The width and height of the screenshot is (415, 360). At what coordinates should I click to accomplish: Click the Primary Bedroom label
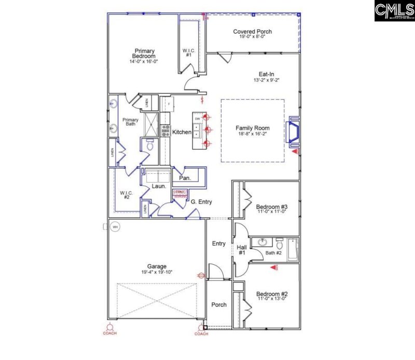coord(144,53)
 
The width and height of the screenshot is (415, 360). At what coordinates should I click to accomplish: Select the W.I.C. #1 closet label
coord(188,52)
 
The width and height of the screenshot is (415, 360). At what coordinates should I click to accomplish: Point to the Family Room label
coord(253,128)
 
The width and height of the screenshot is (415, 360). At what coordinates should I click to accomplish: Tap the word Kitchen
coord(182,132)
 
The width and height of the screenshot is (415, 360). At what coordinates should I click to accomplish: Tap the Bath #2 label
coord(273,253)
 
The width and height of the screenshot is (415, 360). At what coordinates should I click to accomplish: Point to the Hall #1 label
coord(241,250)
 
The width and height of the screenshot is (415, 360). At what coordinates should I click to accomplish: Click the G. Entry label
coord(201,202)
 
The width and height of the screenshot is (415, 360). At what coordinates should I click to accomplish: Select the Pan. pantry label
coord(185,178)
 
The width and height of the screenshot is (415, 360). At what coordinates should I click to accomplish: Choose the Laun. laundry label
coord(158,186)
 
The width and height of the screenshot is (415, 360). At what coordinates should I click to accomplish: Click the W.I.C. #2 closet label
coord(127,196)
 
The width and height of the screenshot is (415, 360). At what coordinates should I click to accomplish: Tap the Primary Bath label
coord(130,122)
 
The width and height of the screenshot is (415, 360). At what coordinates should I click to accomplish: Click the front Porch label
coord(219,304)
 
